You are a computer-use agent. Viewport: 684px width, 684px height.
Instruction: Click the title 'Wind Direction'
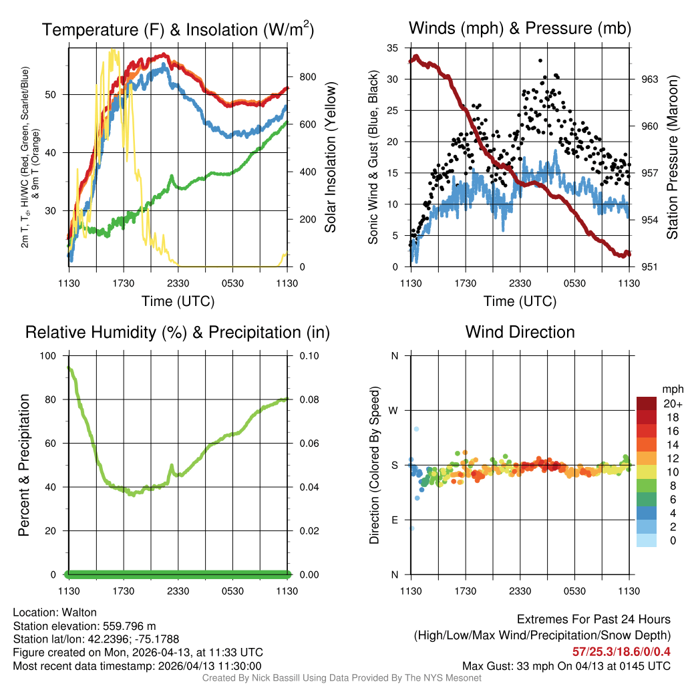click(x=520, y=332)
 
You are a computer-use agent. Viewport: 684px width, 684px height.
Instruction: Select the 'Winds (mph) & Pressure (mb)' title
click(x=520, y=28)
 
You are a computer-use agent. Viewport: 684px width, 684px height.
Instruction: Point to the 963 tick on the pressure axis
click(x=649, y=79)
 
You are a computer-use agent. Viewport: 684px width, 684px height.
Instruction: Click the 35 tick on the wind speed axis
click(x=393, y=47)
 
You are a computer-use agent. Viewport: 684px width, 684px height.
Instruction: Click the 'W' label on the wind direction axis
click(x=394, y=410)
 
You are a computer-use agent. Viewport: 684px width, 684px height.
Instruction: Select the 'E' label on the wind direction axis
click(x=394, y=520)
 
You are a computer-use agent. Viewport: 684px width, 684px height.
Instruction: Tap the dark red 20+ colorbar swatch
click(x=647, y=403)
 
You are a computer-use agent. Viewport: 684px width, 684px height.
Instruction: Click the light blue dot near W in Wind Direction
click(x=416, y=429)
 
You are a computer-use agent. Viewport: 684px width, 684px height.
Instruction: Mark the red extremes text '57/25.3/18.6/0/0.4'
click(x=621, y=651)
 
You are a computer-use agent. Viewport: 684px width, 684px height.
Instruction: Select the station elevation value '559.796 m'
click(x=129, y=626)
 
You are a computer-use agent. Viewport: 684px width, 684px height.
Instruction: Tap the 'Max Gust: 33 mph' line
click(x=566, y=666)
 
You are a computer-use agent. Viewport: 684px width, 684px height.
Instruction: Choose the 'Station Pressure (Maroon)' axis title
click(x=673, y=157)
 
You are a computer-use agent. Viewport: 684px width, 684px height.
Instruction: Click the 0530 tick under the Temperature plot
click(x=232, y=283)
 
